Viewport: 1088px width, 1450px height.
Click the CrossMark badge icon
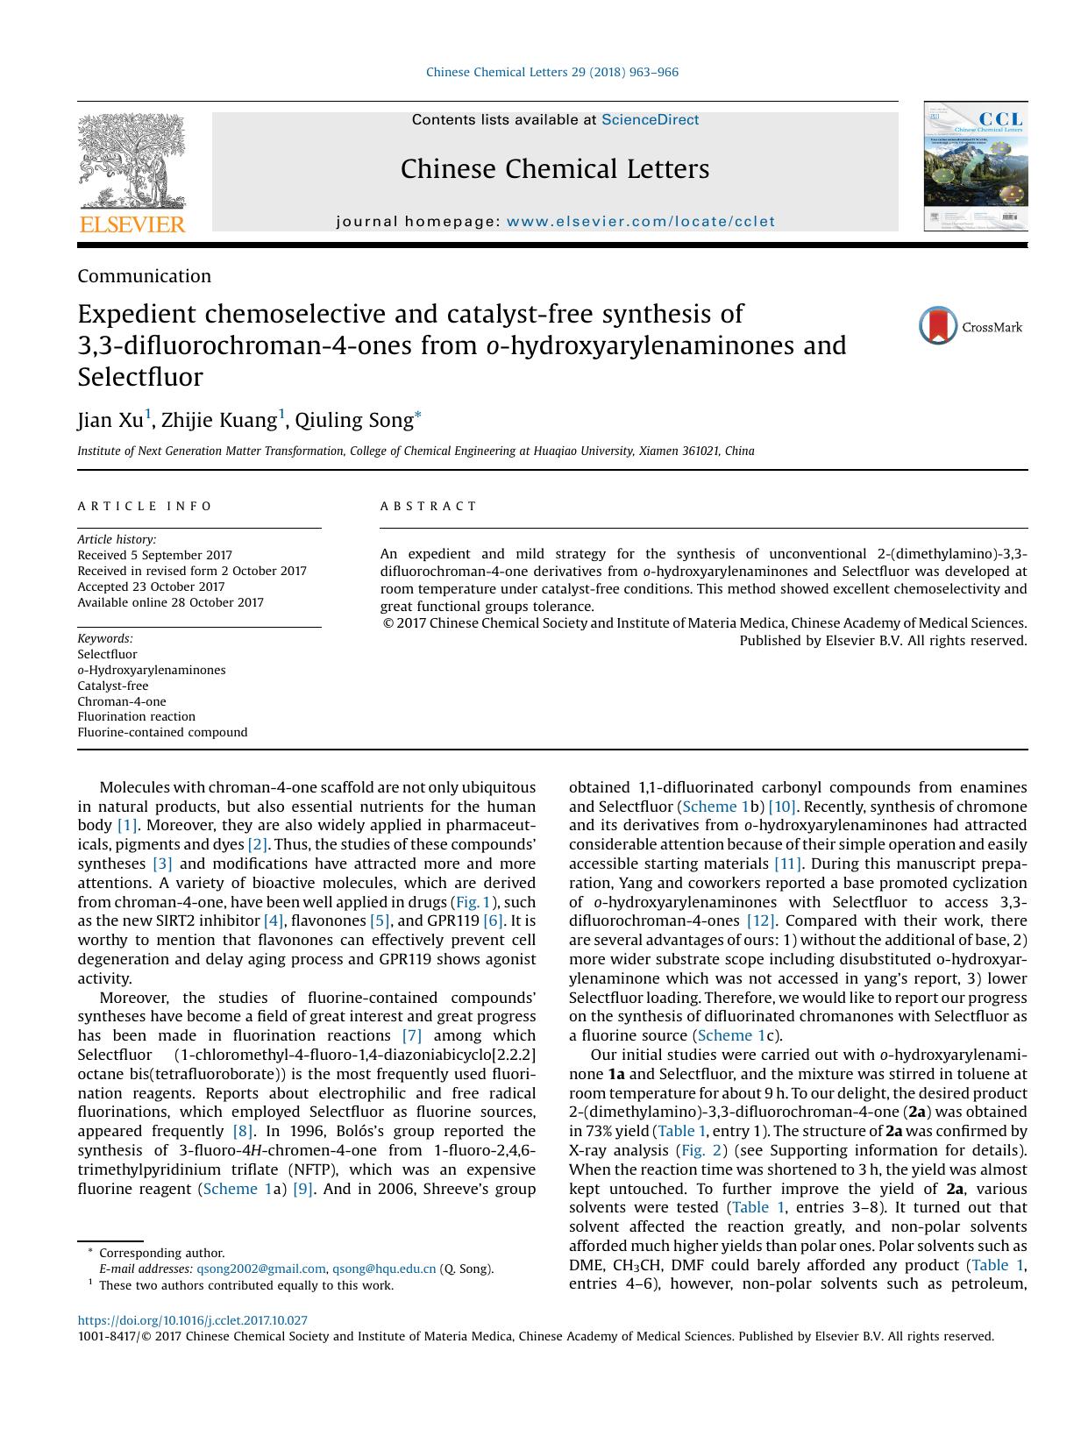pos(938,326)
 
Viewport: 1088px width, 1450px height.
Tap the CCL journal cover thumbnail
pos(975,166)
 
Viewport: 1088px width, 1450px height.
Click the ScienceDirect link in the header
pos(650,120)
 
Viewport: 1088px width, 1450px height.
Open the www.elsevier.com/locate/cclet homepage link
pos(640,222)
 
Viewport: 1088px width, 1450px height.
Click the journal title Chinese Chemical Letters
pos(554,169)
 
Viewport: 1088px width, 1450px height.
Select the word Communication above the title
pos(144,276)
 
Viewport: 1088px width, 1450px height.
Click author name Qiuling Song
pos(353,421)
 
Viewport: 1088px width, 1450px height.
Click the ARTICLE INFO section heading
pos(145,506)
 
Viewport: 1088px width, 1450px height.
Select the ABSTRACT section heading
pos(428,506)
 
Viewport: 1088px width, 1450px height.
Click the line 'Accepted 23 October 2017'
pos(151,586)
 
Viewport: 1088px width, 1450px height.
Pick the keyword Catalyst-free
pos(112,686)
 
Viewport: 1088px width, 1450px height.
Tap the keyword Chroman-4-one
pos(121,701)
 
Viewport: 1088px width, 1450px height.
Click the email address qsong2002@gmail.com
pos(260,1269)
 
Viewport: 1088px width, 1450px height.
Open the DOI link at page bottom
pos(192,1320)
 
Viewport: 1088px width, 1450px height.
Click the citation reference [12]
pos(760,920)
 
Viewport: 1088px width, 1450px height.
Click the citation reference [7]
pos(411,1035)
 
